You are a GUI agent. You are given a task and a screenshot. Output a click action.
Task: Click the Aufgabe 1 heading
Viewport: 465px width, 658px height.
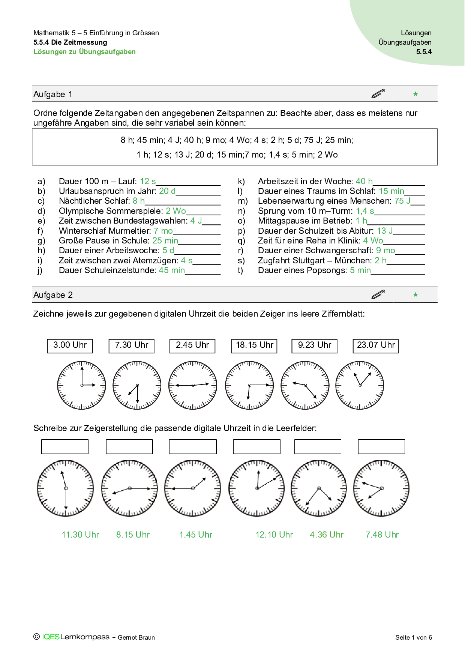pyautogui.click(x=53, y=94)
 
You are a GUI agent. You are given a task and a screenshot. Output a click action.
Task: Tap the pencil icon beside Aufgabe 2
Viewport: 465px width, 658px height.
pyautogui.click(x=378, y=294)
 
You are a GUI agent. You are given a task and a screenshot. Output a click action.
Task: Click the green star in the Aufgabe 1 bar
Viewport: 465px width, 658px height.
pyautogui.click(x=415, y=94)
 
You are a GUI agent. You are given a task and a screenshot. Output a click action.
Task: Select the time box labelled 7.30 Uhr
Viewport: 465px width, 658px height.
pyautogui.click(x=131, y=346)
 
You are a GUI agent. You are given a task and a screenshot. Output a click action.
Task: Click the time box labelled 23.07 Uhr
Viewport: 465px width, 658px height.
pyautogui.click(x=375, y=346)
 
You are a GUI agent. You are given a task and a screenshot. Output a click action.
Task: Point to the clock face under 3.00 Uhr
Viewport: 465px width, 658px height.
pyautogui.click(x=81, y=385)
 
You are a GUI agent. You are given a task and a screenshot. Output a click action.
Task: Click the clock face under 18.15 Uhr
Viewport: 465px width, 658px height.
pyautogui.click(x=249, y=385)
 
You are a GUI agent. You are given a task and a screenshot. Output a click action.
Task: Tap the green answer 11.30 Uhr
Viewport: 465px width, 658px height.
pyautogui.click(x=80, y=535)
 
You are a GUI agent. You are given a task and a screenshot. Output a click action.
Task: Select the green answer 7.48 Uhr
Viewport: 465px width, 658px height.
pyautogui.click(x=382, y=535)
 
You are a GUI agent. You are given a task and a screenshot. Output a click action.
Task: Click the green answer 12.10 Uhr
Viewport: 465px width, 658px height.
pyautogui.click(x=274, y=535)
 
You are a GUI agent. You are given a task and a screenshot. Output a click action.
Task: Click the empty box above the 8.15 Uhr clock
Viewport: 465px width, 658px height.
pyautogui.click(x=129, y=447)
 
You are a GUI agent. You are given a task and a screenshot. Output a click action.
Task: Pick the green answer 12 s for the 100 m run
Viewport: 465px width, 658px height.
pyautogui.click(x=148, y=181)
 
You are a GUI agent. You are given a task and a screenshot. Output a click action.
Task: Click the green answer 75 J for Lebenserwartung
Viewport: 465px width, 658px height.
pyautogui.click(x=402, y=201)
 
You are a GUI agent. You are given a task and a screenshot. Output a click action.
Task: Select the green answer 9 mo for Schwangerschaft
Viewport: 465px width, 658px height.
pyautogui.click(x=385, y=250)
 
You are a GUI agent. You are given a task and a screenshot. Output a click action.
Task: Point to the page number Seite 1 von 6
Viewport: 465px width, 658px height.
pyautogui.click(x=413, y=637)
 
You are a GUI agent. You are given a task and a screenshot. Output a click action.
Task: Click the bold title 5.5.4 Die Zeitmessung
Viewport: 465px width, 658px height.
pyautogui.click(x=70, y=42)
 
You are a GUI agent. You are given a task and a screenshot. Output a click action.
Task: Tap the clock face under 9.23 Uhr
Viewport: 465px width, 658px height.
pyautogui.click(x=305, y=385)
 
